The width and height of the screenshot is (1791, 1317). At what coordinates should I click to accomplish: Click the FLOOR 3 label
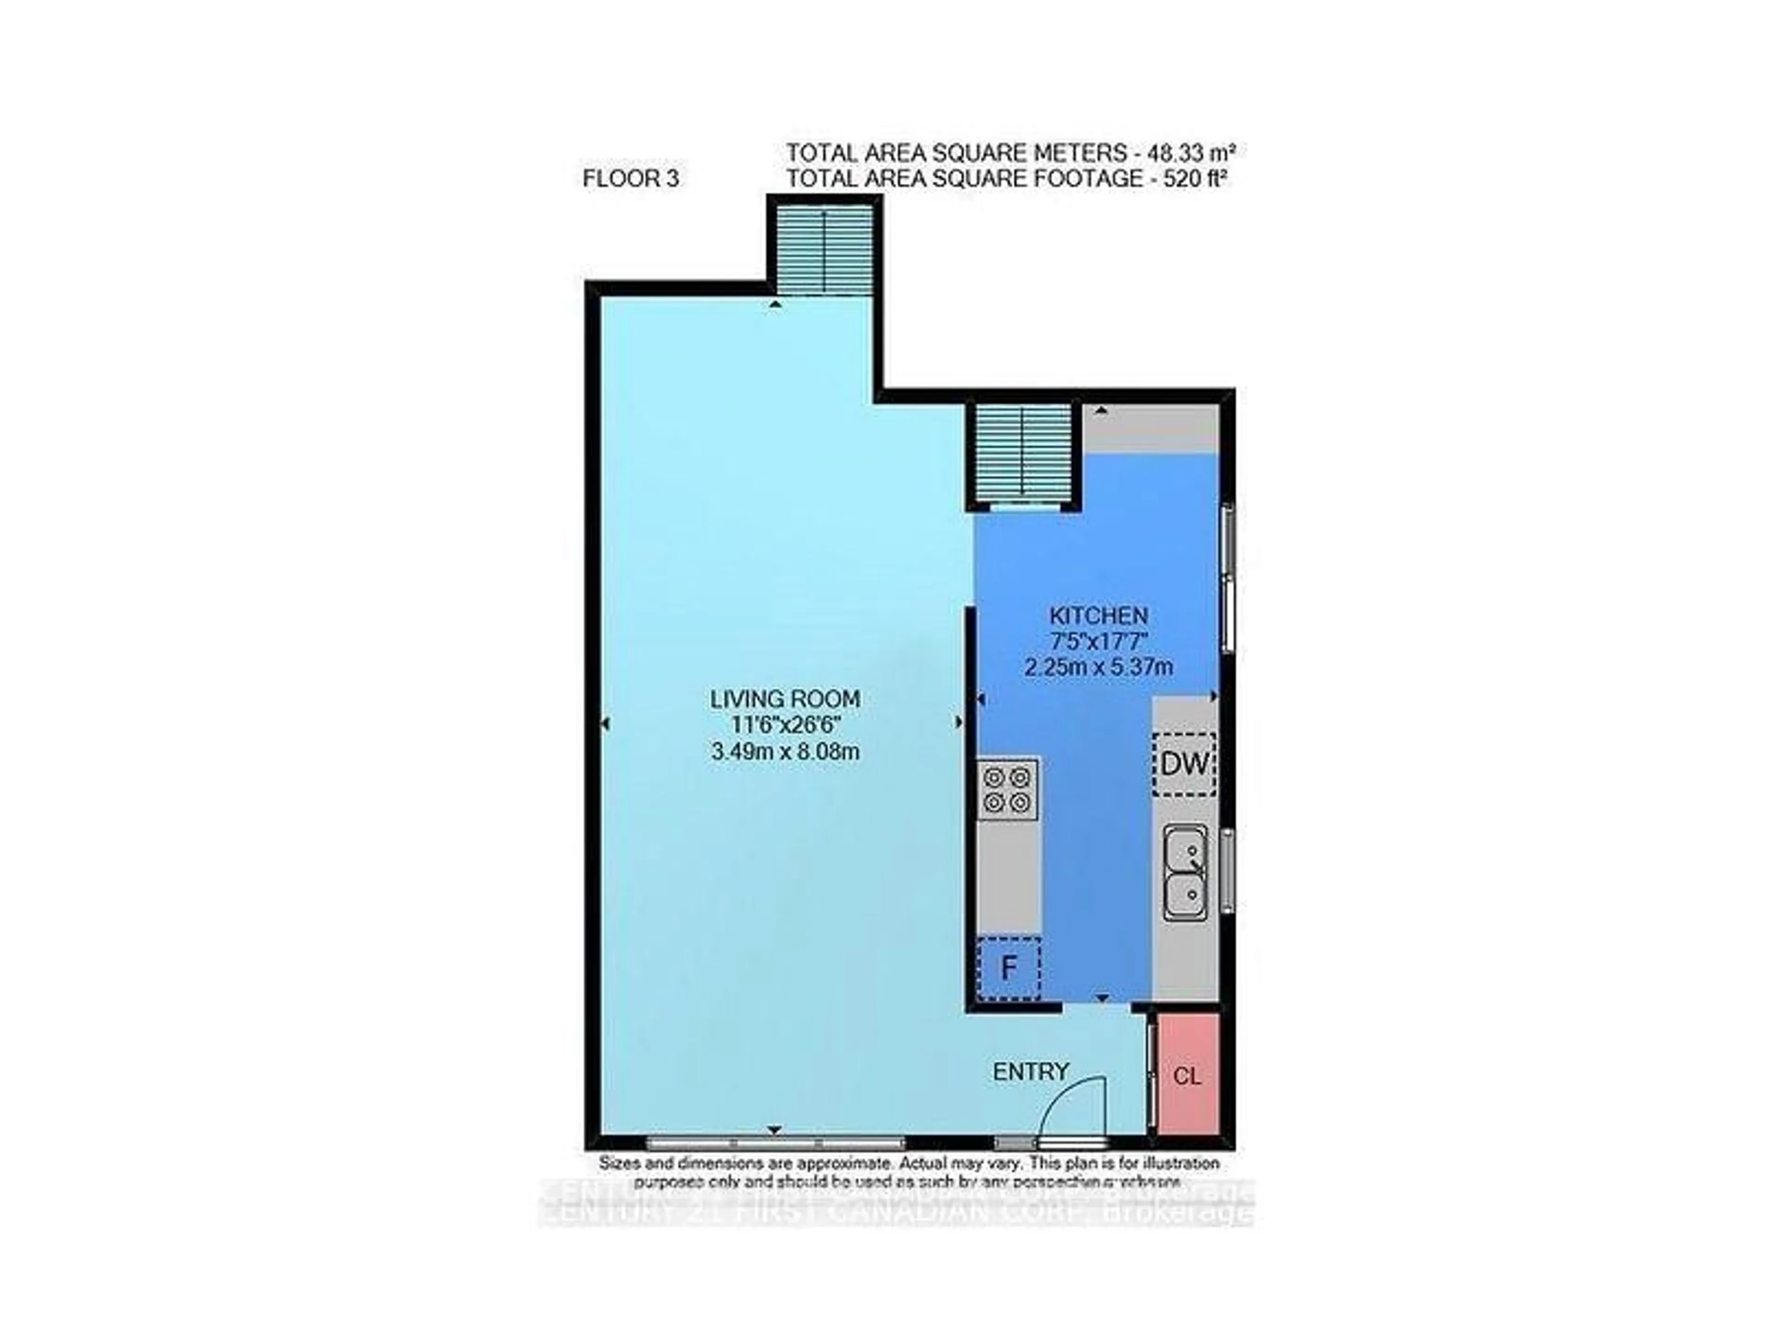pos(631,179)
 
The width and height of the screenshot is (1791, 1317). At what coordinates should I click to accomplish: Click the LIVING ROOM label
pos(784,699)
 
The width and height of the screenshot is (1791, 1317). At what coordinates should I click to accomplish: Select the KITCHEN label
pos(1098,616)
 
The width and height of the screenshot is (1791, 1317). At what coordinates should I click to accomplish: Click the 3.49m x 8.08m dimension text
pos(784,751)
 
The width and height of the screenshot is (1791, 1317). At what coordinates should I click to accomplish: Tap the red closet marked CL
pos(1187,1075)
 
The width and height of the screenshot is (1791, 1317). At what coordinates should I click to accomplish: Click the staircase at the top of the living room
pos(824,249)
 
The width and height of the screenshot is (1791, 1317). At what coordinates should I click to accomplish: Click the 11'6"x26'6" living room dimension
pos(784,726)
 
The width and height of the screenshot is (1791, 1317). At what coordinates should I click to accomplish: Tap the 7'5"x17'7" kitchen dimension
pos(1098,641)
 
